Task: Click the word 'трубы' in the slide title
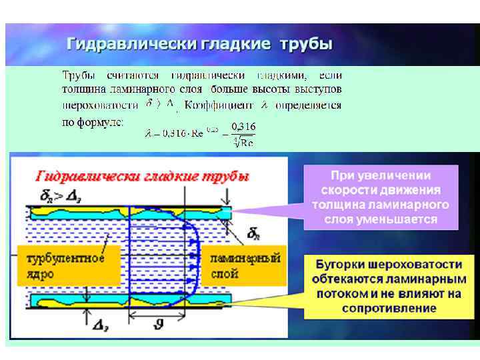click(306, 45)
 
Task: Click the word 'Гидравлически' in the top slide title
click(131, 45)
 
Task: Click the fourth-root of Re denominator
click(243, 141)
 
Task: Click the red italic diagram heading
click(143, 177)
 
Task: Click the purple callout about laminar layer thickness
click(381, 197)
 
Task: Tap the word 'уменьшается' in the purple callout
click(402, 219)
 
